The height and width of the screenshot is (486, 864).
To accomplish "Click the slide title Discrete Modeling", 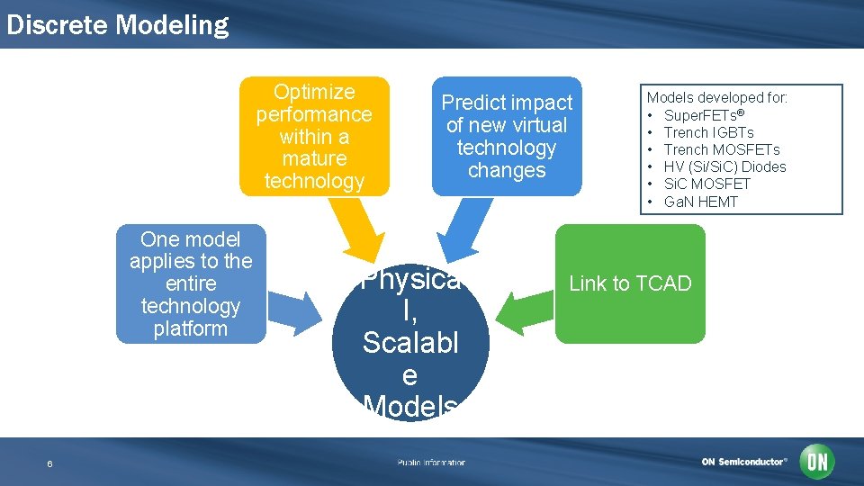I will (x=117, y=24).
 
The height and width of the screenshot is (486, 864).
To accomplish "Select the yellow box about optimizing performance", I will (x=314, y=136).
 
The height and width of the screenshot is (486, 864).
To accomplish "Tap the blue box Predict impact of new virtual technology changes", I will (x=507, y=136).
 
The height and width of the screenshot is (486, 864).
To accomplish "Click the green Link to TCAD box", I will (x=630, y=283).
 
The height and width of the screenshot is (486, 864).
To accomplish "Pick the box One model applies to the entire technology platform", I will (x=191, y=283).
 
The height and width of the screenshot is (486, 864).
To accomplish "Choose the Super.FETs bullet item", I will (x=704, y=115).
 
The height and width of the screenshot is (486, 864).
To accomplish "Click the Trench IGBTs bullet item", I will (x=708, y=132).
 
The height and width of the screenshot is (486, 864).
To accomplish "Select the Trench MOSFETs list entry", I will (x=721, y=149).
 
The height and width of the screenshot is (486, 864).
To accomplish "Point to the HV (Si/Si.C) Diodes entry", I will (x=724, y=166).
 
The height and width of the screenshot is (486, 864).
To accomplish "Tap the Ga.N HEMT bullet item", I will (x=700, y=202).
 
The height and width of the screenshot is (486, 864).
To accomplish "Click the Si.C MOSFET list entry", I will (x=706, y=184).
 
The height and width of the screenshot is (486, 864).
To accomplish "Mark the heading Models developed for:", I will (x=717, y=97).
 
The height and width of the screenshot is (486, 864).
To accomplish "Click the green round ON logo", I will (x=818, y=462).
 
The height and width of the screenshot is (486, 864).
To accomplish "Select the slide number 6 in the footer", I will (x=49, y=463).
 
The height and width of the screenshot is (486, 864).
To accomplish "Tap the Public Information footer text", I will (x=431, y=463).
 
